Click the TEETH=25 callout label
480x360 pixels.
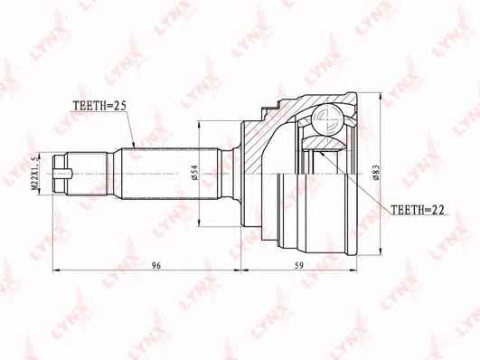click(99, 106)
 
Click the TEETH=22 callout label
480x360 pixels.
click(418, 210)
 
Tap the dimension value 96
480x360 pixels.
click(156, 265)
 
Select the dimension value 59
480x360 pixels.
click(299, 265)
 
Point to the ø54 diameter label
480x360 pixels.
click(195, 172)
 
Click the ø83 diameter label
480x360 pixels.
click(376, 172)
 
